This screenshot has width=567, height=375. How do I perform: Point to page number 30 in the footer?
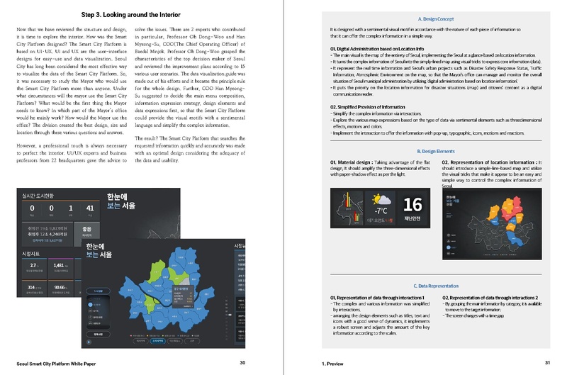(242, 362)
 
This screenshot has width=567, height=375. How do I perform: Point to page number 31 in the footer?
(547, 362)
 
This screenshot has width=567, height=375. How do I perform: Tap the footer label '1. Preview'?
(332, 362)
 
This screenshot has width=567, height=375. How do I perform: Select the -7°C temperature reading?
(382, 210)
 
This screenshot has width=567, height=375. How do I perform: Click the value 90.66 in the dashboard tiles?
(60, 287)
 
